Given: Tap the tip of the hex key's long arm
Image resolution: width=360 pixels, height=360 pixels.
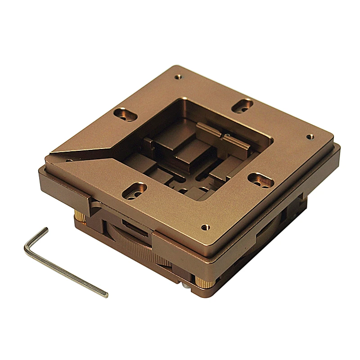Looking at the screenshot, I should (106, 295).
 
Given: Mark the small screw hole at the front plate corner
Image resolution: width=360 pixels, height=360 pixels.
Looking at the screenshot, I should (205, 228).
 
